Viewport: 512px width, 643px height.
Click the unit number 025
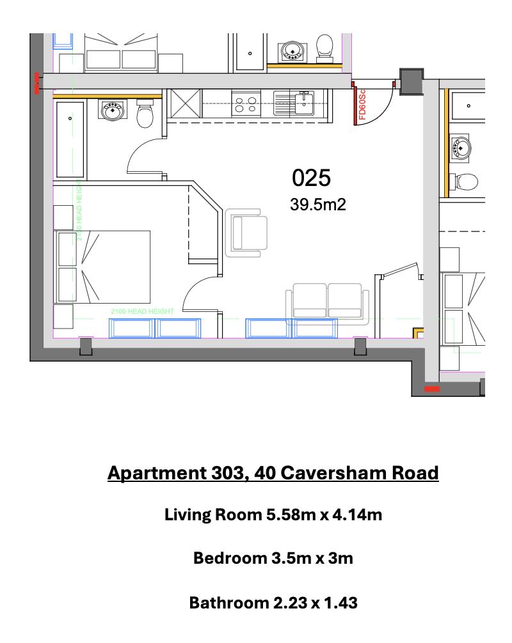(311, 178)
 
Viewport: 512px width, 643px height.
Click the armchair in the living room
(246, 232)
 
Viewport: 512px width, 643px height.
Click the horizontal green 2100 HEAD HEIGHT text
(142, 311)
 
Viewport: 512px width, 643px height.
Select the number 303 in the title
(228, 473)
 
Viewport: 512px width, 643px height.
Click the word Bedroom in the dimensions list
(228, 558)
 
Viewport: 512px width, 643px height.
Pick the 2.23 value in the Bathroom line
(296, 602)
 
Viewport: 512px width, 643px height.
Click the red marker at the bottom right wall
(432, 388)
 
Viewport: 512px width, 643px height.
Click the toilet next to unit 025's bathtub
(147, 114)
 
